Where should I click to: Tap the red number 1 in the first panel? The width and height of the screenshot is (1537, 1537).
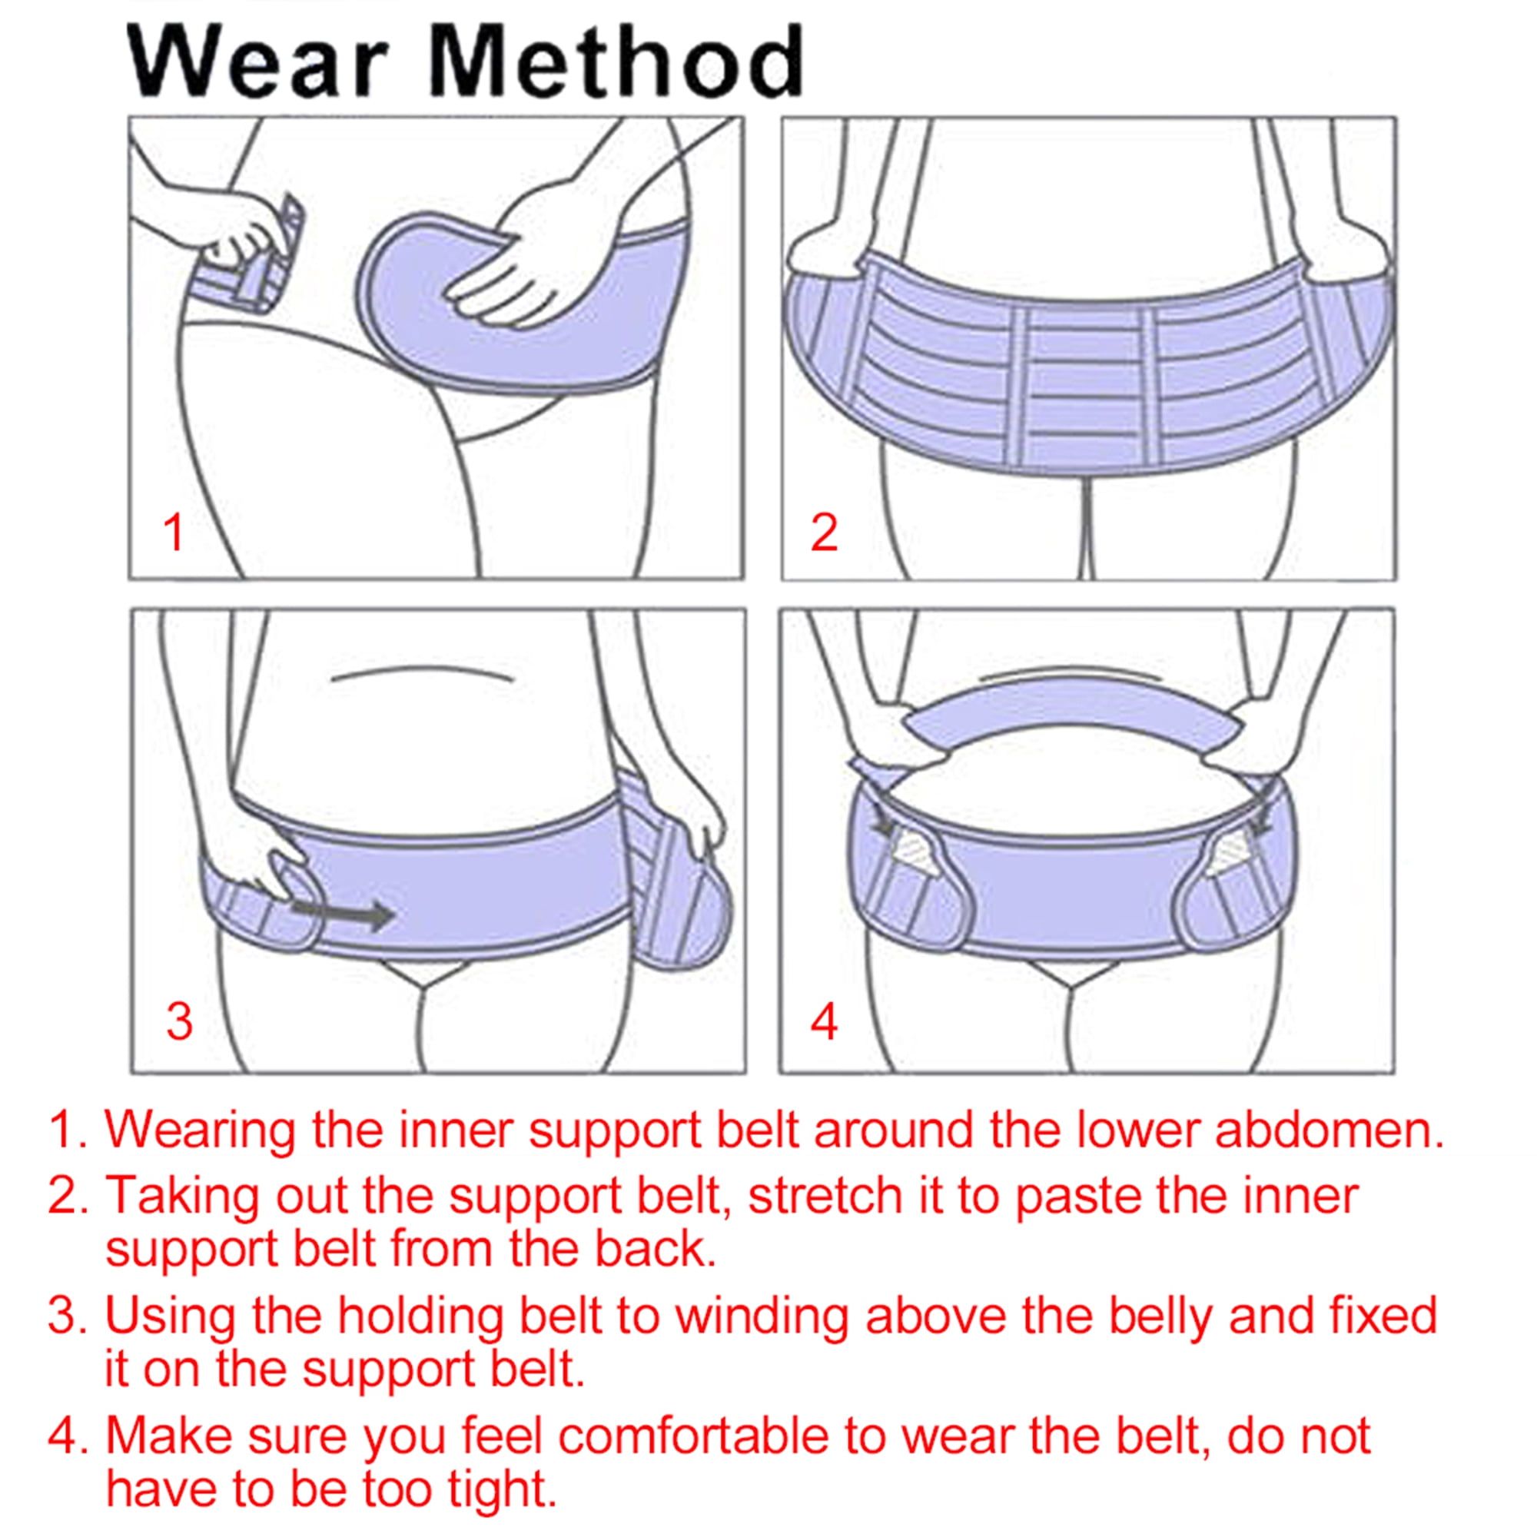point(174,532)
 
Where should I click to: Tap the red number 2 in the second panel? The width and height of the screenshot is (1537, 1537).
point(824,532)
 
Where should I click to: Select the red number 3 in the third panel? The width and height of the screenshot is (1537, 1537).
point(180,1021)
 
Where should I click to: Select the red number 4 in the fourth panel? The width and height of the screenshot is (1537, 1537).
point(824,1021)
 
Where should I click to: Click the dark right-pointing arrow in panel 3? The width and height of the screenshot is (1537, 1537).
point(343,914)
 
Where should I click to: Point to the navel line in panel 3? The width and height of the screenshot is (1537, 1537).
point(421,674)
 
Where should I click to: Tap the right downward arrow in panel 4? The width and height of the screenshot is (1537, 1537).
point(1256,813)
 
